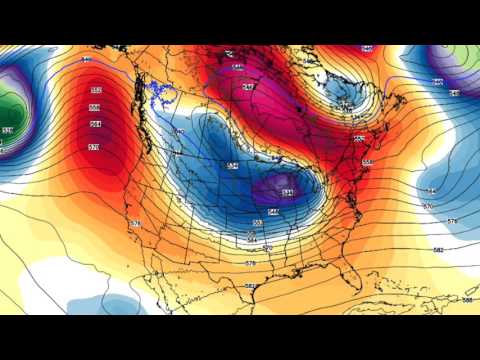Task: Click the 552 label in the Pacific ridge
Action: click(94, 90)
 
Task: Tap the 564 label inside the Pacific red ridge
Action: click(94, 124)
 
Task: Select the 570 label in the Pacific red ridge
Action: click(94, 147)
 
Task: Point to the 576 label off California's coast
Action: click(136, 223)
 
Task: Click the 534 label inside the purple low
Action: click(287, 192)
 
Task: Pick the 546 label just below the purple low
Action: click(274, 211)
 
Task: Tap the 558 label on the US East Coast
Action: click(367, 162)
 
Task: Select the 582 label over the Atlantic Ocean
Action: click(438, 249)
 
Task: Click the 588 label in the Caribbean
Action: click(466, 299)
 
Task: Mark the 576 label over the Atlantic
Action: click(452, 221)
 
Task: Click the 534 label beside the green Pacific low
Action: click(9, 130)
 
